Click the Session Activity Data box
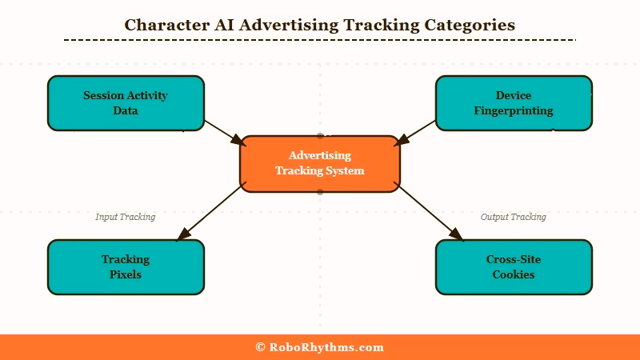(126, 103)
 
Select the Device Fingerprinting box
(514, 103)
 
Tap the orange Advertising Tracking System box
(319, 163)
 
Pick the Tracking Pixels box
(126, 267)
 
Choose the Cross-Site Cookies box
(514, 267)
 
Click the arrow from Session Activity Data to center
(223, 132)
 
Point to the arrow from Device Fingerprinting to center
(416, 132)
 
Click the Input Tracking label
(125, 217)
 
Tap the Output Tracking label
(513, 217)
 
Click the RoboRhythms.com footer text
(326, 347)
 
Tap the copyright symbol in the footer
(260, 347)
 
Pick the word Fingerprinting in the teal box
(514, 110)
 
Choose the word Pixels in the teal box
(126, 274)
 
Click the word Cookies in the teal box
(514, 274)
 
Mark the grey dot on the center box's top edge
(320, 136)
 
